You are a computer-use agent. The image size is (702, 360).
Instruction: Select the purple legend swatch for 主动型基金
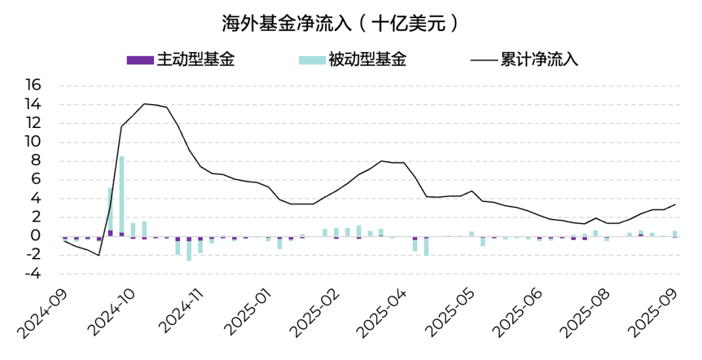[x=140, y=60]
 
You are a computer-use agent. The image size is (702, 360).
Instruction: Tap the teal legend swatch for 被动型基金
[x=312, y=60]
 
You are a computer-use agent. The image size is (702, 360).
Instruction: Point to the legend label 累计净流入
[x=539, y=60]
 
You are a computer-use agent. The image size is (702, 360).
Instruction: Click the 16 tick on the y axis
[x=33, y=85]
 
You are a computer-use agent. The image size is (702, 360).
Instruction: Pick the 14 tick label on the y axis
[x=33, y=104]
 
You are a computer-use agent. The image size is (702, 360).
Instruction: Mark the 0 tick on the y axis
[x=36, y=237]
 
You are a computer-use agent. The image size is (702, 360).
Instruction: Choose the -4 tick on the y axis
[x=33, y=274]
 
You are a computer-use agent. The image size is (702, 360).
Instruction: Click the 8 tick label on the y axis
[x=36, y=161]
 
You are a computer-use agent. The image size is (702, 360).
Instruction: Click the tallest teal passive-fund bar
[x=122, y=195]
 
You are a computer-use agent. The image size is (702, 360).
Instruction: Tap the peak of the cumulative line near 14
[x=144, y=104]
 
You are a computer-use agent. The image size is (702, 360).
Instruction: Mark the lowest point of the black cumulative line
[x=99, y=255]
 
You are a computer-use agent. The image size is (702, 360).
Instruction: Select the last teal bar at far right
[x=675, y=233]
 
